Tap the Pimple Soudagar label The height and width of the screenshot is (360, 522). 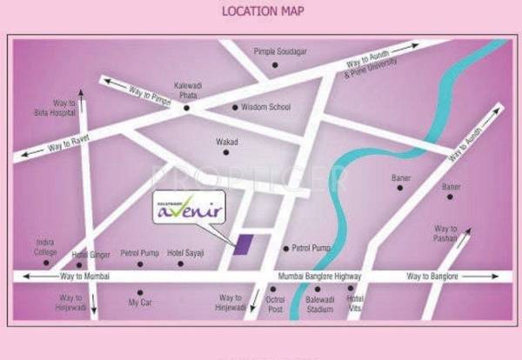[x=279, y=52]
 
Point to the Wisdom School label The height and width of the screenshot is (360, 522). [x=266, y=107]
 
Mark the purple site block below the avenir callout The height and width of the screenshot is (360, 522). [x=244, y=243]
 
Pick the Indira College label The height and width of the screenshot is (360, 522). [x=45, y=246]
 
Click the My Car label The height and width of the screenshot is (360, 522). [x=139, y=303]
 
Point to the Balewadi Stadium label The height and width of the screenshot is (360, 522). [x=319, y=303]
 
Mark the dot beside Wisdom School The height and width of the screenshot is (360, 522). [x=234, y=107]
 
